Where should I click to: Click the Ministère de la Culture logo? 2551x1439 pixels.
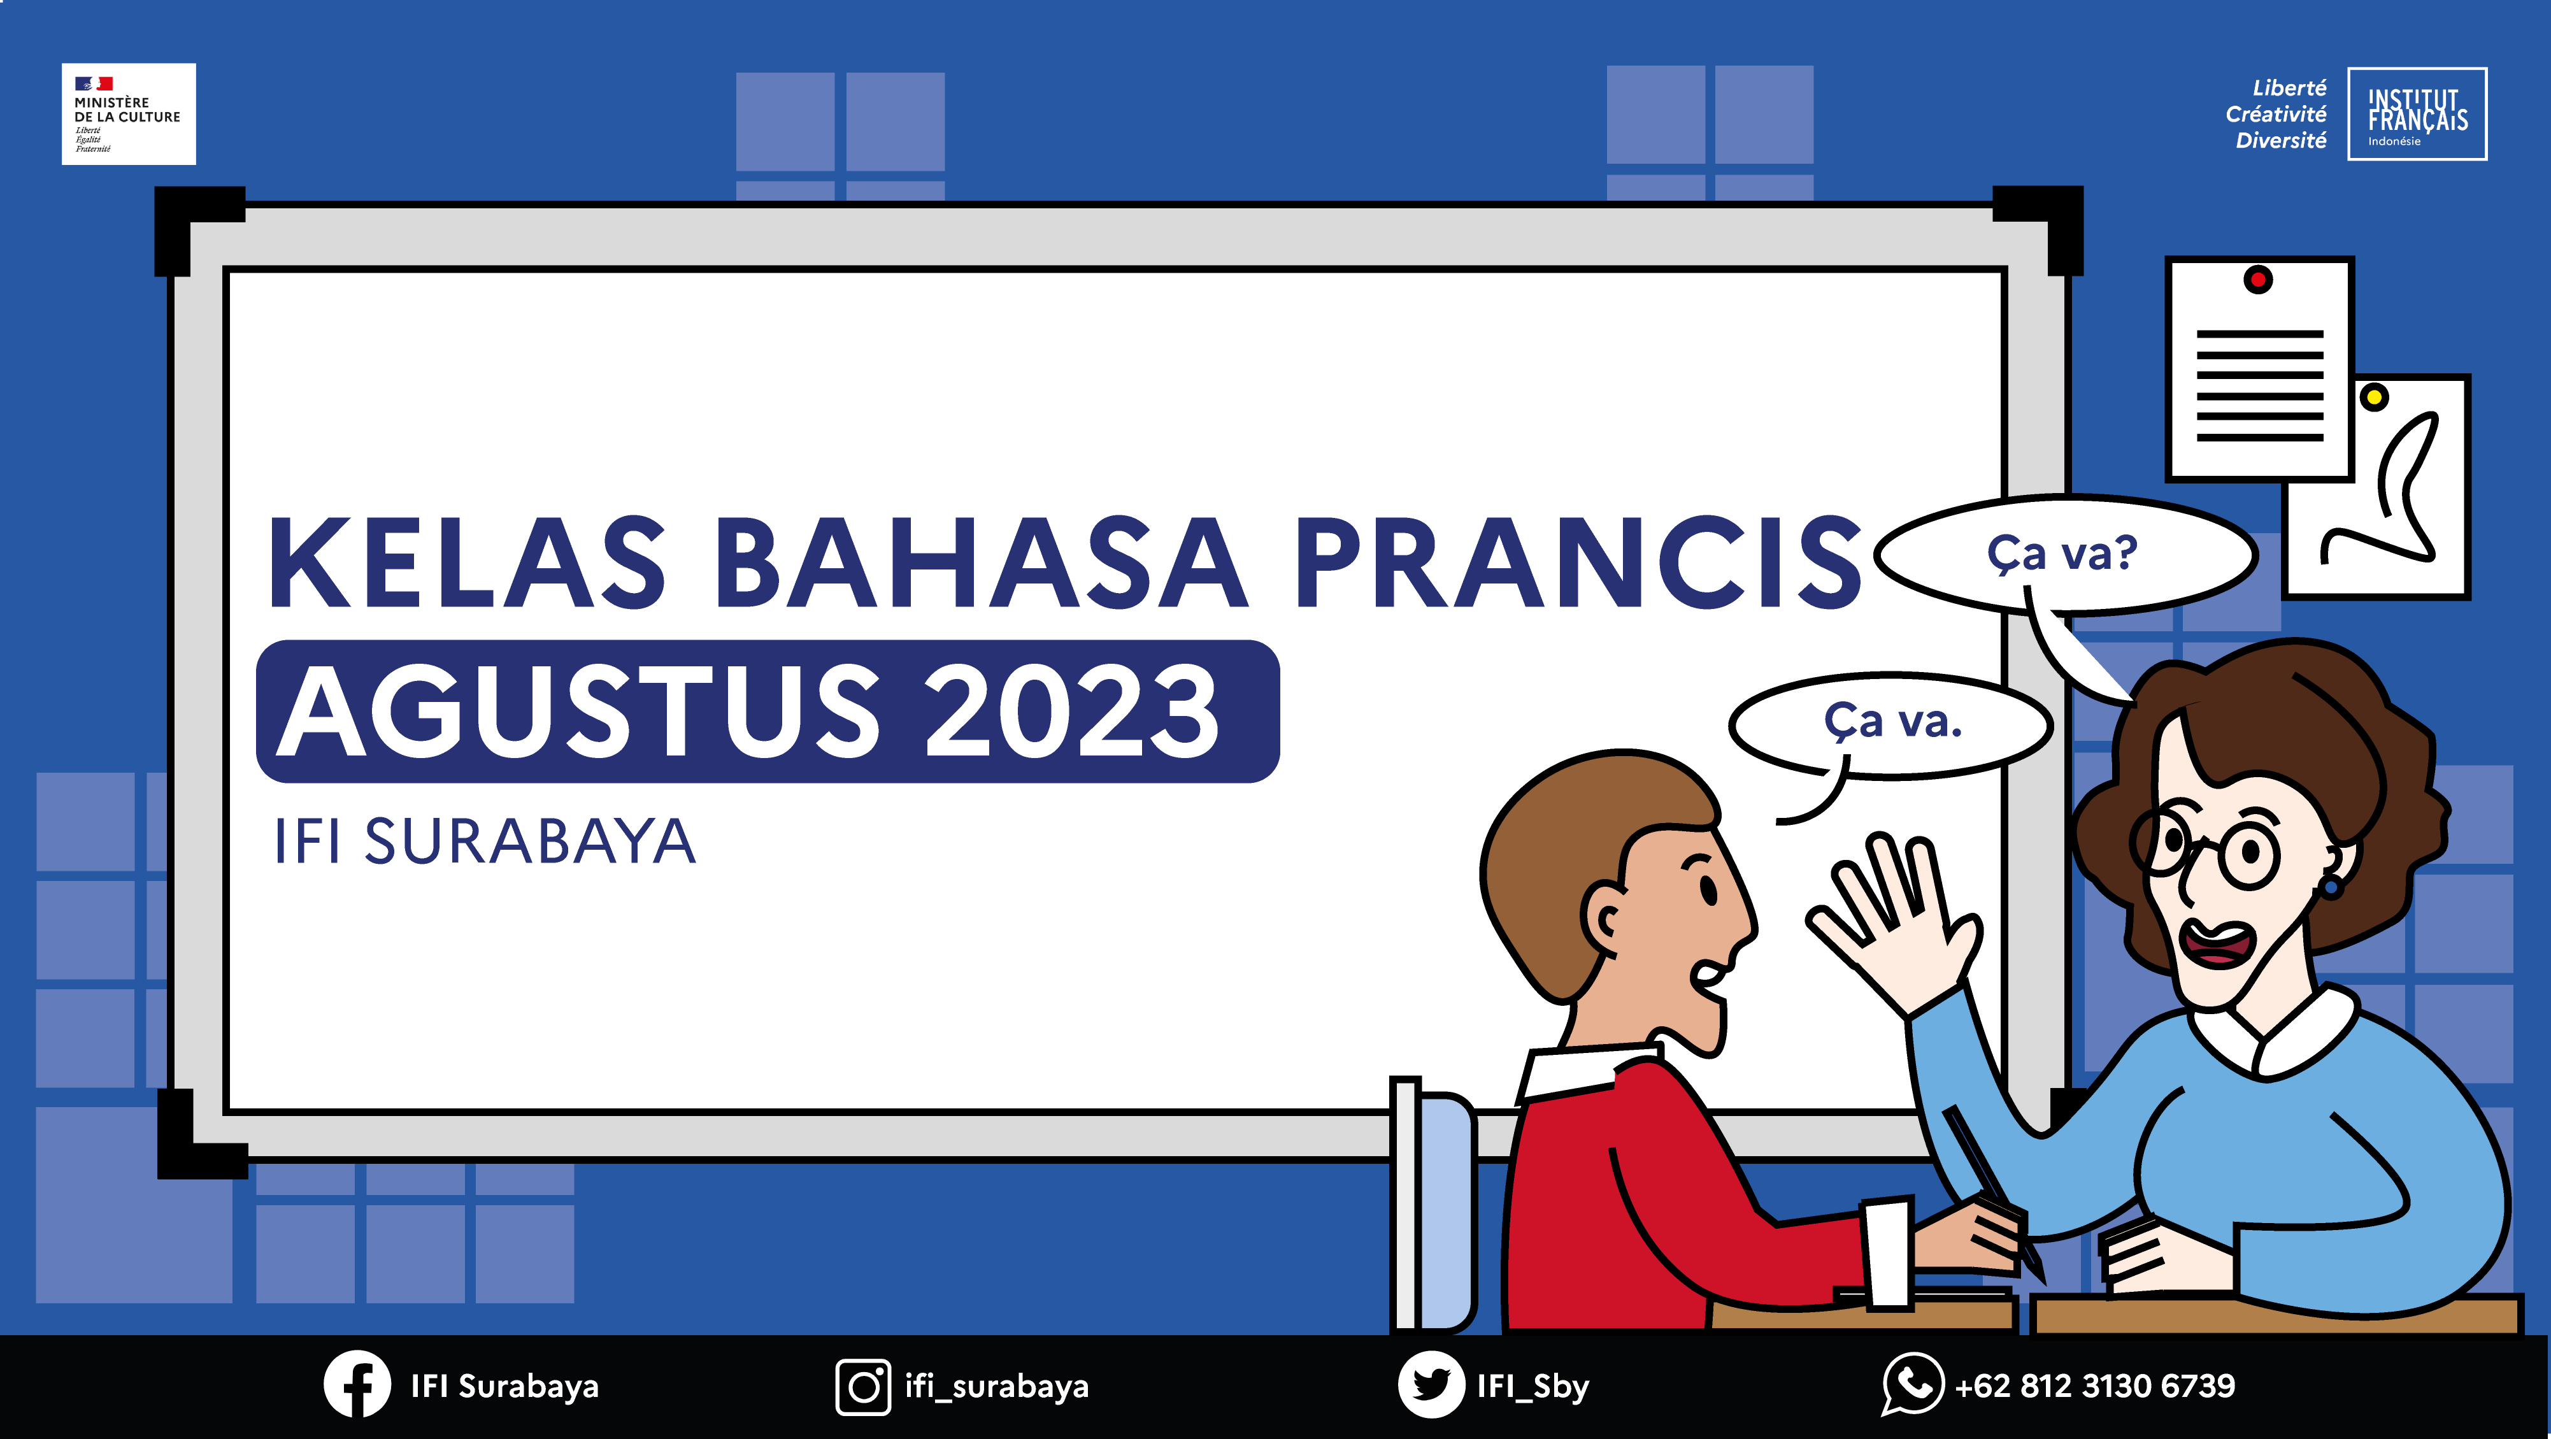[129, 114]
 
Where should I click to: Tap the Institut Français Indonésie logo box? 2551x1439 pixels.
[2417, 114]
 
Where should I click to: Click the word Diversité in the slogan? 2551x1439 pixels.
[2281, 141]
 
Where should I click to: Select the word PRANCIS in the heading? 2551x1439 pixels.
[1578, 562]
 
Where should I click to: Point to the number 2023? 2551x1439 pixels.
[1071, 711]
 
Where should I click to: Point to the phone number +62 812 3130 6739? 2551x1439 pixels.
[2094, 1385]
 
